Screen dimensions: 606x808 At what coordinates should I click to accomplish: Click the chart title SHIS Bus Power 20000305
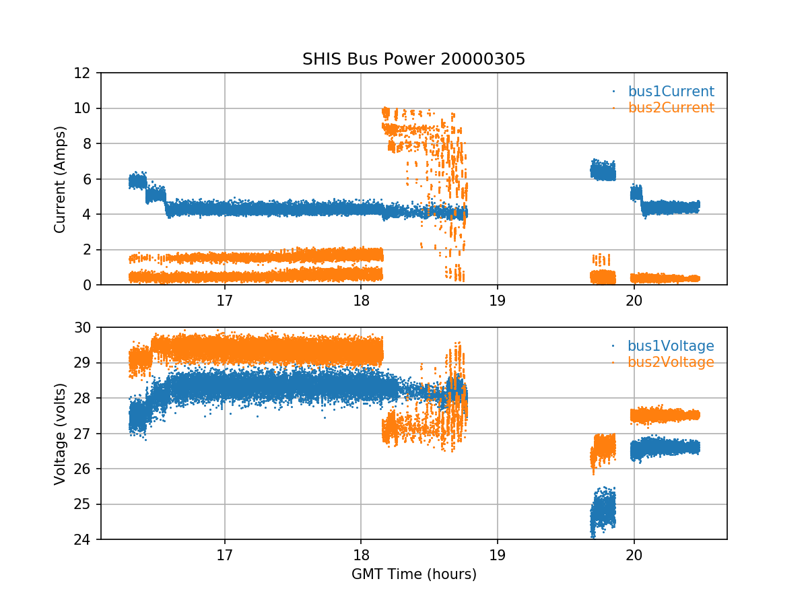click(x=413, y=59)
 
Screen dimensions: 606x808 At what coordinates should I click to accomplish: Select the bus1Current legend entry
click(x=671, y=92)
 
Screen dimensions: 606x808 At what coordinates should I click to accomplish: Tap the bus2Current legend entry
click(x=671, y=108)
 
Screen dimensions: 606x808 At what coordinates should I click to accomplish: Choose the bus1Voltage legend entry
click(x=671, y=346)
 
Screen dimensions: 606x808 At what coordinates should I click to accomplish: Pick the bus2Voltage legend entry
click(x=671, y=362)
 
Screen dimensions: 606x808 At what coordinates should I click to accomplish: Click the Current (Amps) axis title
click(x=60, y=179)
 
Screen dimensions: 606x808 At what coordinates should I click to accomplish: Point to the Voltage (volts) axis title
click(x=60, y=434)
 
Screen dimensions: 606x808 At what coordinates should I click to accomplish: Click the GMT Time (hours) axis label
click(x=413, y=574)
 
